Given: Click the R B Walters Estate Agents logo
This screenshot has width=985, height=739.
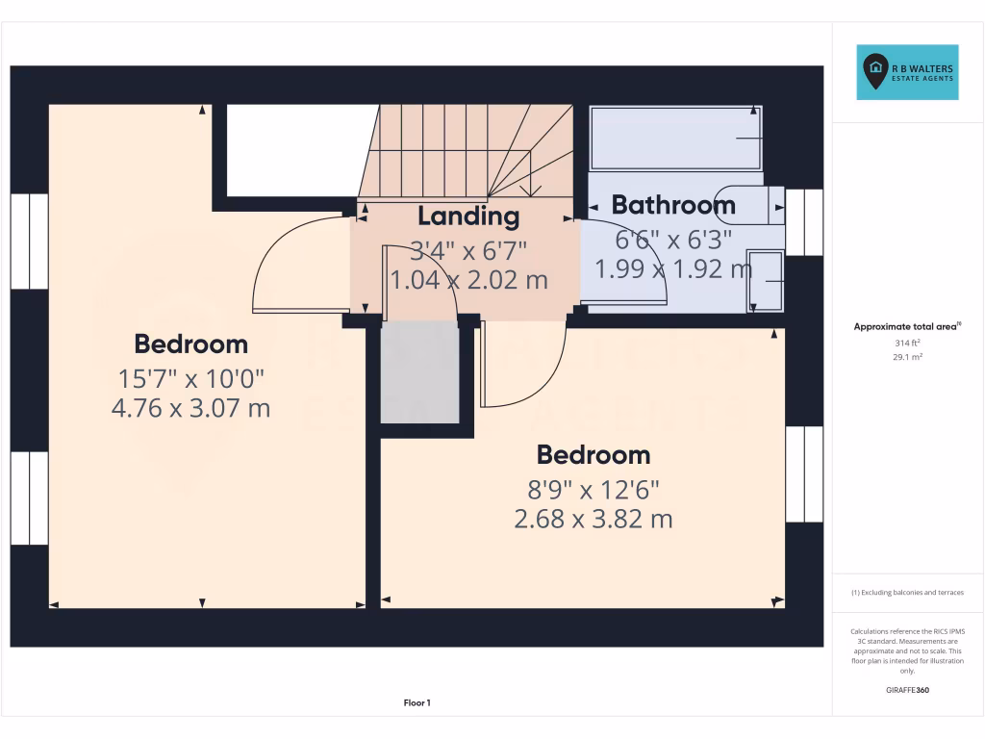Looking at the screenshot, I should [x=908, y=72].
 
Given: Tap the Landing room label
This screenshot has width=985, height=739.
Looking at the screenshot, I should [x=467, y=216].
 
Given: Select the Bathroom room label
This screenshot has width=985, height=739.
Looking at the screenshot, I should [x=673, y=204].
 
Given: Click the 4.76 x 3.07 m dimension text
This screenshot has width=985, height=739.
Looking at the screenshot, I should [x=190, y=408].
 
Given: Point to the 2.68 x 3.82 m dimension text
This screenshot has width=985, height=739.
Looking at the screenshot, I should [x=593, y=520].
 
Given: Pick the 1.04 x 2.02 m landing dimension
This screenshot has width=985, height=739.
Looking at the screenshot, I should [x=468, y=280].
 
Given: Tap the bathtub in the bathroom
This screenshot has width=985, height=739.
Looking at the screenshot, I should [x=675, y=139].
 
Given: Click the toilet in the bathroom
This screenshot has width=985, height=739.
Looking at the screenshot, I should [x=750, y=203].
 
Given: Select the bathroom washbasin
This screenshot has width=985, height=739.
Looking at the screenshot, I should [x=766, y=280].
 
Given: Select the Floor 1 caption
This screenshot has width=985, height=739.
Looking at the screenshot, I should [x=417, y=703].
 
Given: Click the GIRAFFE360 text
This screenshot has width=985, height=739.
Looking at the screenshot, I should [x=908, y=690].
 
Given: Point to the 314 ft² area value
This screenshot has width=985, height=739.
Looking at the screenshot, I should [x=908, y=342].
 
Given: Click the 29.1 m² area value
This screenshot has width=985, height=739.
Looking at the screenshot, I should [x=908, y=357].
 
